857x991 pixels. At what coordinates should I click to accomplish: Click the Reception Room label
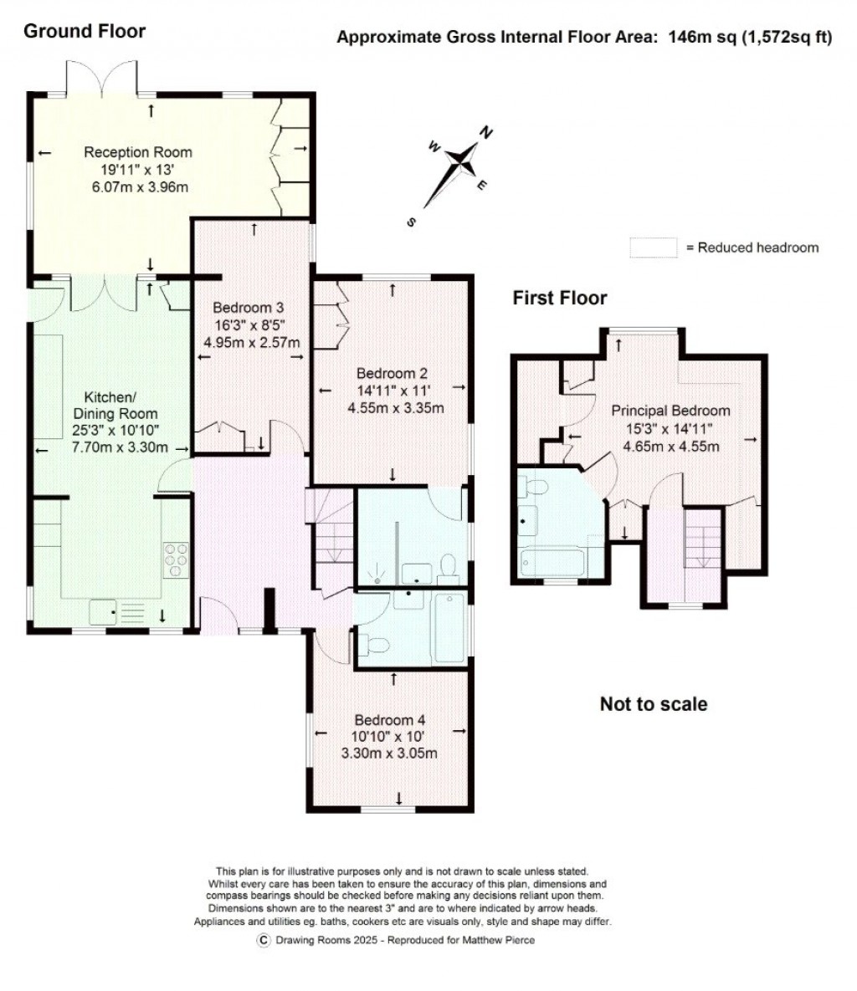[137, 152]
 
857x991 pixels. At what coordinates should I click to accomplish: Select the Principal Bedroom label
[670, 411]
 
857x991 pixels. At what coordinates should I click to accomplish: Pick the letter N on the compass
[485, 131]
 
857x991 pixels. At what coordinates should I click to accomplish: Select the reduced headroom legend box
[653, 248]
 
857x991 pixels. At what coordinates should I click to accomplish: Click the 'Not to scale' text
[653, 704]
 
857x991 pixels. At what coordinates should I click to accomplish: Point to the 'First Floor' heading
[559, 298]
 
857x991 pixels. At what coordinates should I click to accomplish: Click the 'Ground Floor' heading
[84, 32]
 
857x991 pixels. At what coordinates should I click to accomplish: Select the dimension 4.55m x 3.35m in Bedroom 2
[395, 408]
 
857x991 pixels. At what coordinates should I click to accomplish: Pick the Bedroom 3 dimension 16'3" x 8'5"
[252, 324]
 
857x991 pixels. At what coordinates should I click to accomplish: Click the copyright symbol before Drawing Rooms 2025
[263, 940]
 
